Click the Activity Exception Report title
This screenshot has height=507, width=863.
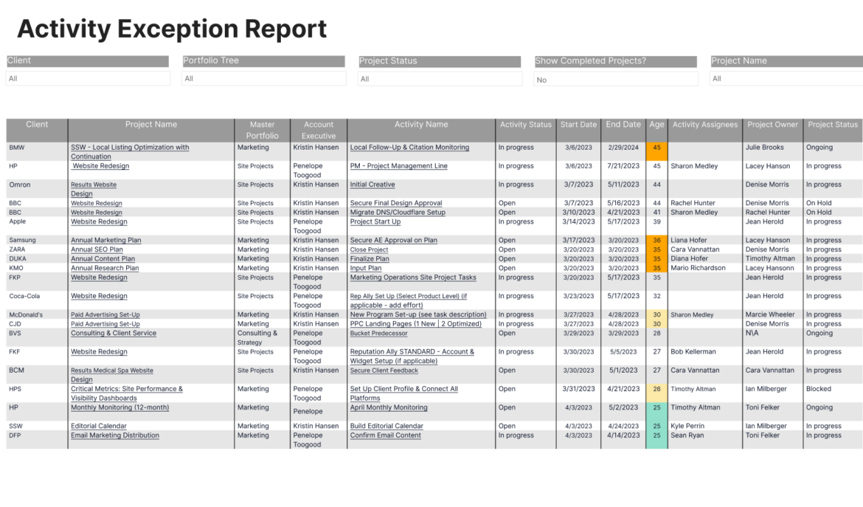click(172, 30)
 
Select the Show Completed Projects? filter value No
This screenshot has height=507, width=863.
click(542, 80)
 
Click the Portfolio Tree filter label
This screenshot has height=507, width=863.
click(211, 61)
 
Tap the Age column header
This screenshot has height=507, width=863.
click(656, 125)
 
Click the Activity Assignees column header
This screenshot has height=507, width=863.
click(704, 125)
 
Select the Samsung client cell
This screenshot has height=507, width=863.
click(22, 241)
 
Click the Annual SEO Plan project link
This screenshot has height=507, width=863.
click(97, 250)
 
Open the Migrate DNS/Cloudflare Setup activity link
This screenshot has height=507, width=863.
click(398, 213)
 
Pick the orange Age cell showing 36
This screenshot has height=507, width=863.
click(656, 241)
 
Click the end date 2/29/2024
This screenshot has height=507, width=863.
click(623, 148)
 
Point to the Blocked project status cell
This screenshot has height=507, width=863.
click(818, 389)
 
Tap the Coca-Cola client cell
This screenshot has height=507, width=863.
click(26, 297)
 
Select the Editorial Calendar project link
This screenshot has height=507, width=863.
click(98, 427)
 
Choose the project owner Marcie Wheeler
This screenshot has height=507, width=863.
click(771, 315)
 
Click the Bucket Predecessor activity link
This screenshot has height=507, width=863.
click(378, 334)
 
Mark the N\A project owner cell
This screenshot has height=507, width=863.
click(752, 334)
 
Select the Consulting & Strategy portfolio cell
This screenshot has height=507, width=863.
click(257, 338)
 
